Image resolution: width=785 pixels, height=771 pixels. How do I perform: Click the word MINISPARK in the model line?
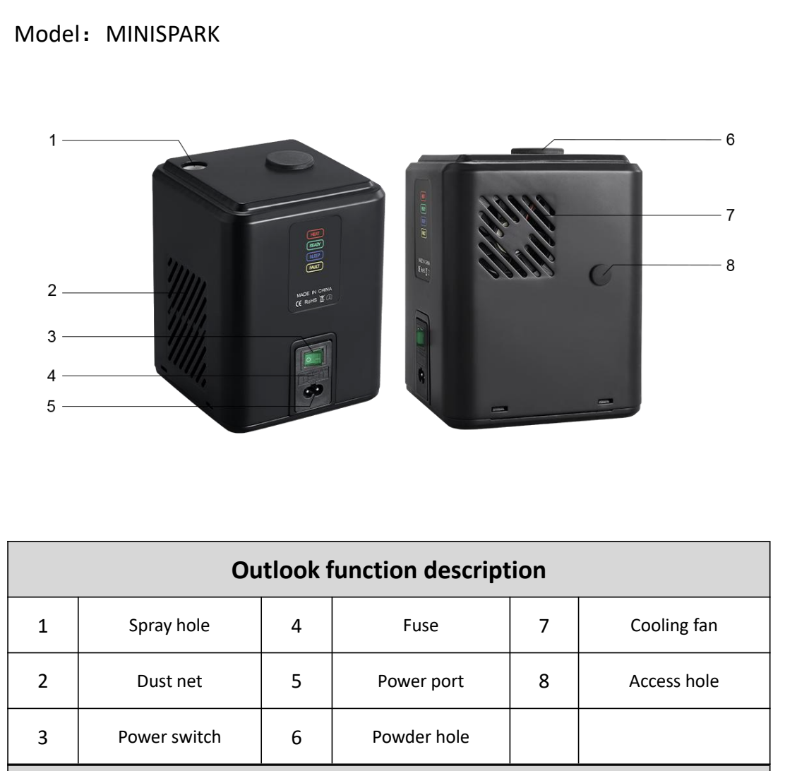163,34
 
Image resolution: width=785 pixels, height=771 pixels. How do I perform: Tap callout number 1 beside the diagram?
52,141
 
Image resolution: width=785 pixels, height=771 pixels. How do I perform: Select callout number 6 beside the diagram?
730,141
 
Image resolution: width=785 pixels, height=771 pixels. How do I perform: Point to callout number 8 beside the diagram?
730,265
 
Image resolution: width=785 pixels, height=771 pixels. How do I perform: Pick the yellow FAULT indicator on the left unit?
313,268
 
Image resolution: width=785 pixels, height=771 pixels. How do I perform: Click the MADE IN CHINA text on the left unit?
313,289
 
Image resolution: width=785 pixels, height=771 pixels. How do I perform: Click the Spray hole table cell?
169,626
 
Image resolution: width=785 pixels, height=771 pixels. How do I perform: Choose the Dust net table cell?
169,682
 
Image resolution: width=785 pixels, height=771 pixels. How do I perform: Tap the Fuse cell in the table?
421,626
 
